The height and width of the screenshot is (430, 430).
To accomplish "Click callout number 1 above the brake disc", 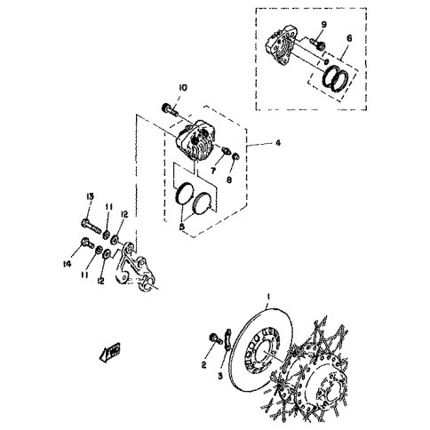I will coord(269,292).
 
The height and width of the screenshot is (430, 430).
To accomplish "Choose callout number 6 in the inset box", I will coord(349,39).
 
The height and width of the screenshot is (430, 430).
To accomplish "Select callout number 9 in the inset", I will coord(323,23).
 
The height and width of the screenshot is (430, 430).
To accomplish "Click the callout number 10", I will coord(181,87).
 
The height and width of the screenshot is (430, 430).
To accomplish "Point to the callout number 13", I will coord(90,195).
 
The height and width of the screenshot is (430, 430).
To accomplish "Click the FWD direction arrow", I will coord(112,354).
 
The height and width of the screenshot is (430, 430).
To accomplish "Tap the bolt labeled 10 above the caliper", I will coord(168,110).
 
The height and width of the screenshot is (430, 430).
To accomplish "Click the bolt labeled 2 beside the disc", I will coord(213,338).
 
